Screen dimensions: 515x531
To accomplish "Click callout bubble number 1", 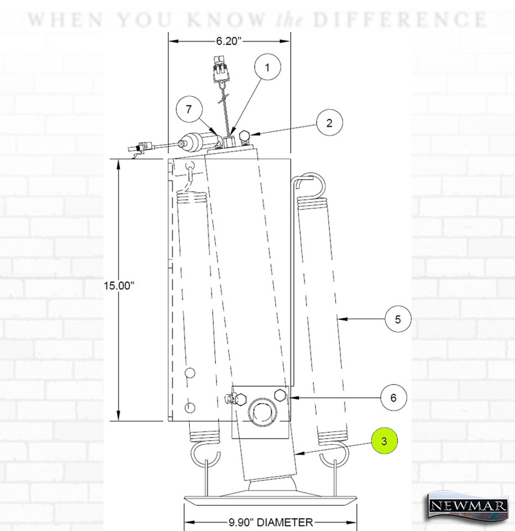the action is tap(267, 67).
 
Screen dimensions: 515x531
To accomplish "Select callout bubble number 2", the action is tap(329, 123).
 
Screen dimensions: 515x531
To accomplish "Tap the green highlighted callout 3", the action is tap(384, 441).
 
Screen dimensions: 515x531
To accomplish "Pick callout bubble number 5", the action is tap(398, 319).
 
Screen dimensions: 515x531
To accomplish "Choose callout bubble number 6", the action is tap(394, 398).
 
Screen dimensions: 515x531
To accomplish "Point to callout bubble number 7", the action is tap(189, 110).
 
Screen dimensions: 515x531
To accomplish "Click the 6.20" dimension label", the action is tap(228, 41).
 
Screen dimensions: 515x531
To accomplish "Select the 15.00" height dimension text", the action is tap(119, 285).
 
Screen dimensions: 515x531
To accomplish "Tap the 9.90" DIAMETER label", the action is tap(271, 522).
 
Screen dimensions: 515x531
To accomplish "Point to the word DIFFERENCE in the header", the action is tap(400, 20).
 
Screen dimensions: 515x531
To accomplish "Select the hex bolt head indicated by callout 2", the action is tap(245, 137).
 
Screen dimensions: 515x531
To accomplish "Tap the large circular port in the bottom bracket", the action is tap(261, 411).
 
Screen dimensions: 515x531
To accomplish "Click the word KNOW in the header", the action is tap(226, 20).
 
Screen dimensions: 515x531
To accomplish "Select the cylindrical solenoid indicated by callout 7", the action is tap(200, 141).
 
